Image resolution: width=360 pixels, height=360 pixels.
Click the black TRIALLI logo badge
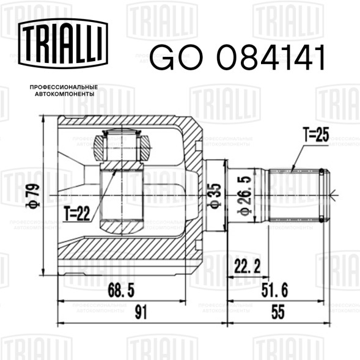click(63, 43)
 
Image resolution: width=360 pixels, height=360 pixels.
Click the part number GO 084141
click(237, 57)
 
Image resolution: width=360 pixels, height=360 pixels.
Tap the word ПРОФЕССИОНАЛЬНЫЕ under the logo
click(64, 87)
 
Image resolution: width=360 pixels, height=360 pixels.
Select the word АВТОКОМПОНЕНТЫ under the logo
click(65, 94)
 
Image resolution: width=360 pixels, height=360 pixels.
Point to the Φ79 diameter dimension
click(33, 196)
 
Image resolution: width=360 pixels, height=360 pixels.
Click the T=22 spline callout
click(77, 213)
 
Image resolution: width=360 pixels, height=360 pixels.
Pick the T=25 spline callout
click(316, 134)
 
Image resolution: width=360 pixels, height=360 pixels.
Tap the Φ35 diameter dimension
click(215, 196)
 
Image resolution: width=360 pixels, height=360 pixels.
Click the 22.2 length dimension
click(248, 266)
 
